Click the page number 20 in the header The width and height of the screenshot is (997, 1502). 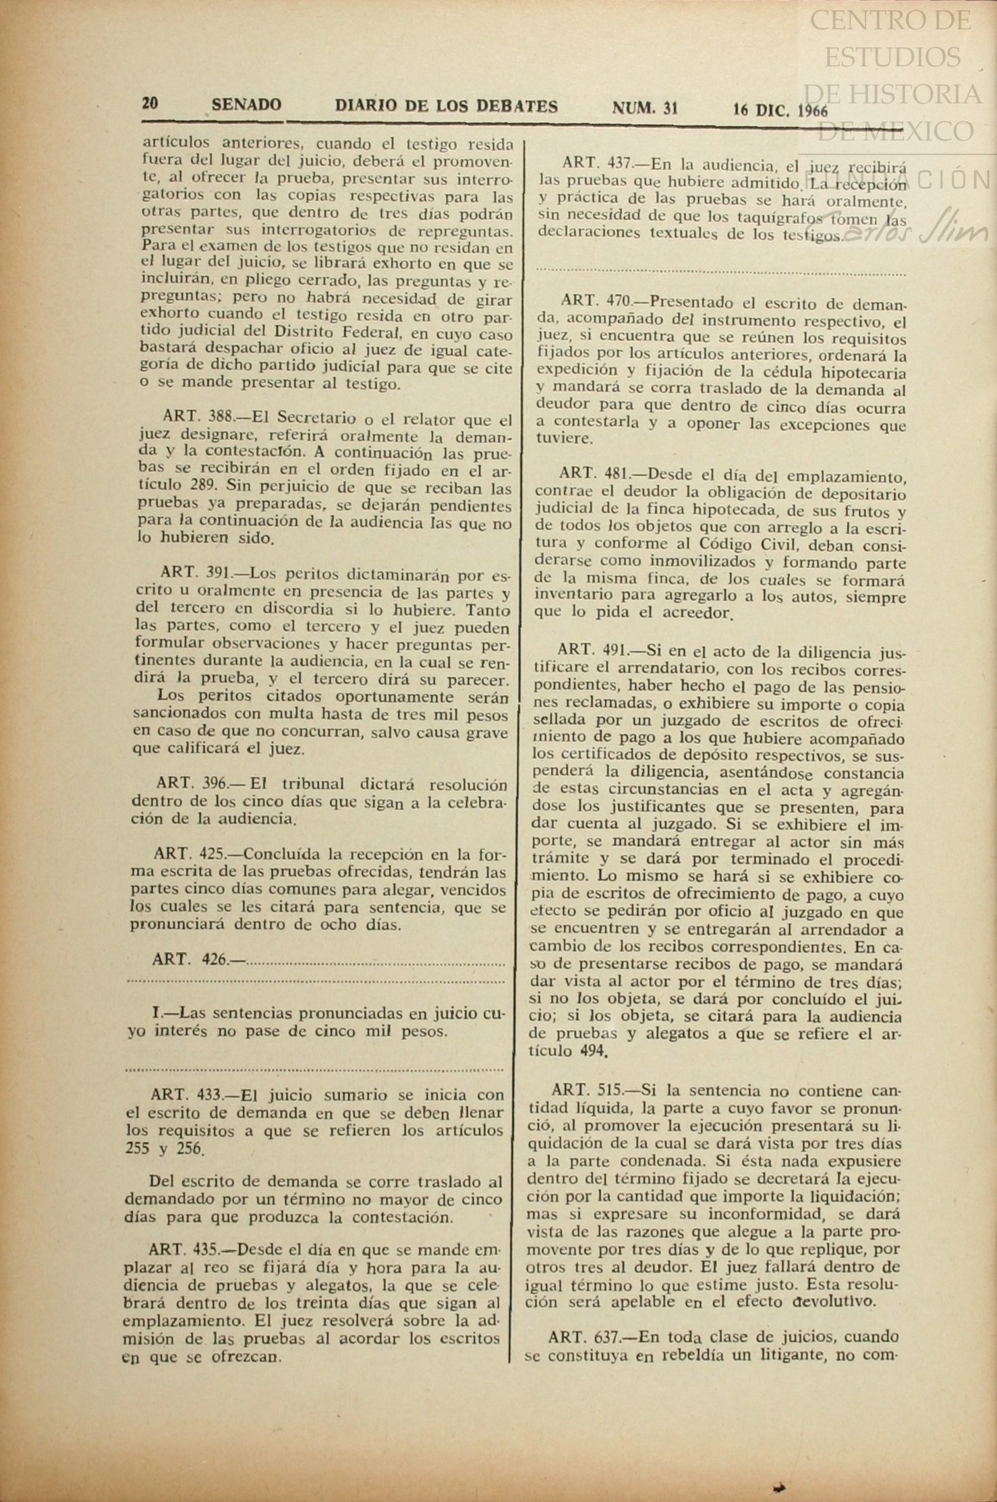(150, 103)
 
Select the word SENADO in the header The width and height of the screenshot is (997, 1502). (246, 105)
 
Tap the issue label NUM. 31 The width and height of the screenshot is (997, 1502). (644, 108)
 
